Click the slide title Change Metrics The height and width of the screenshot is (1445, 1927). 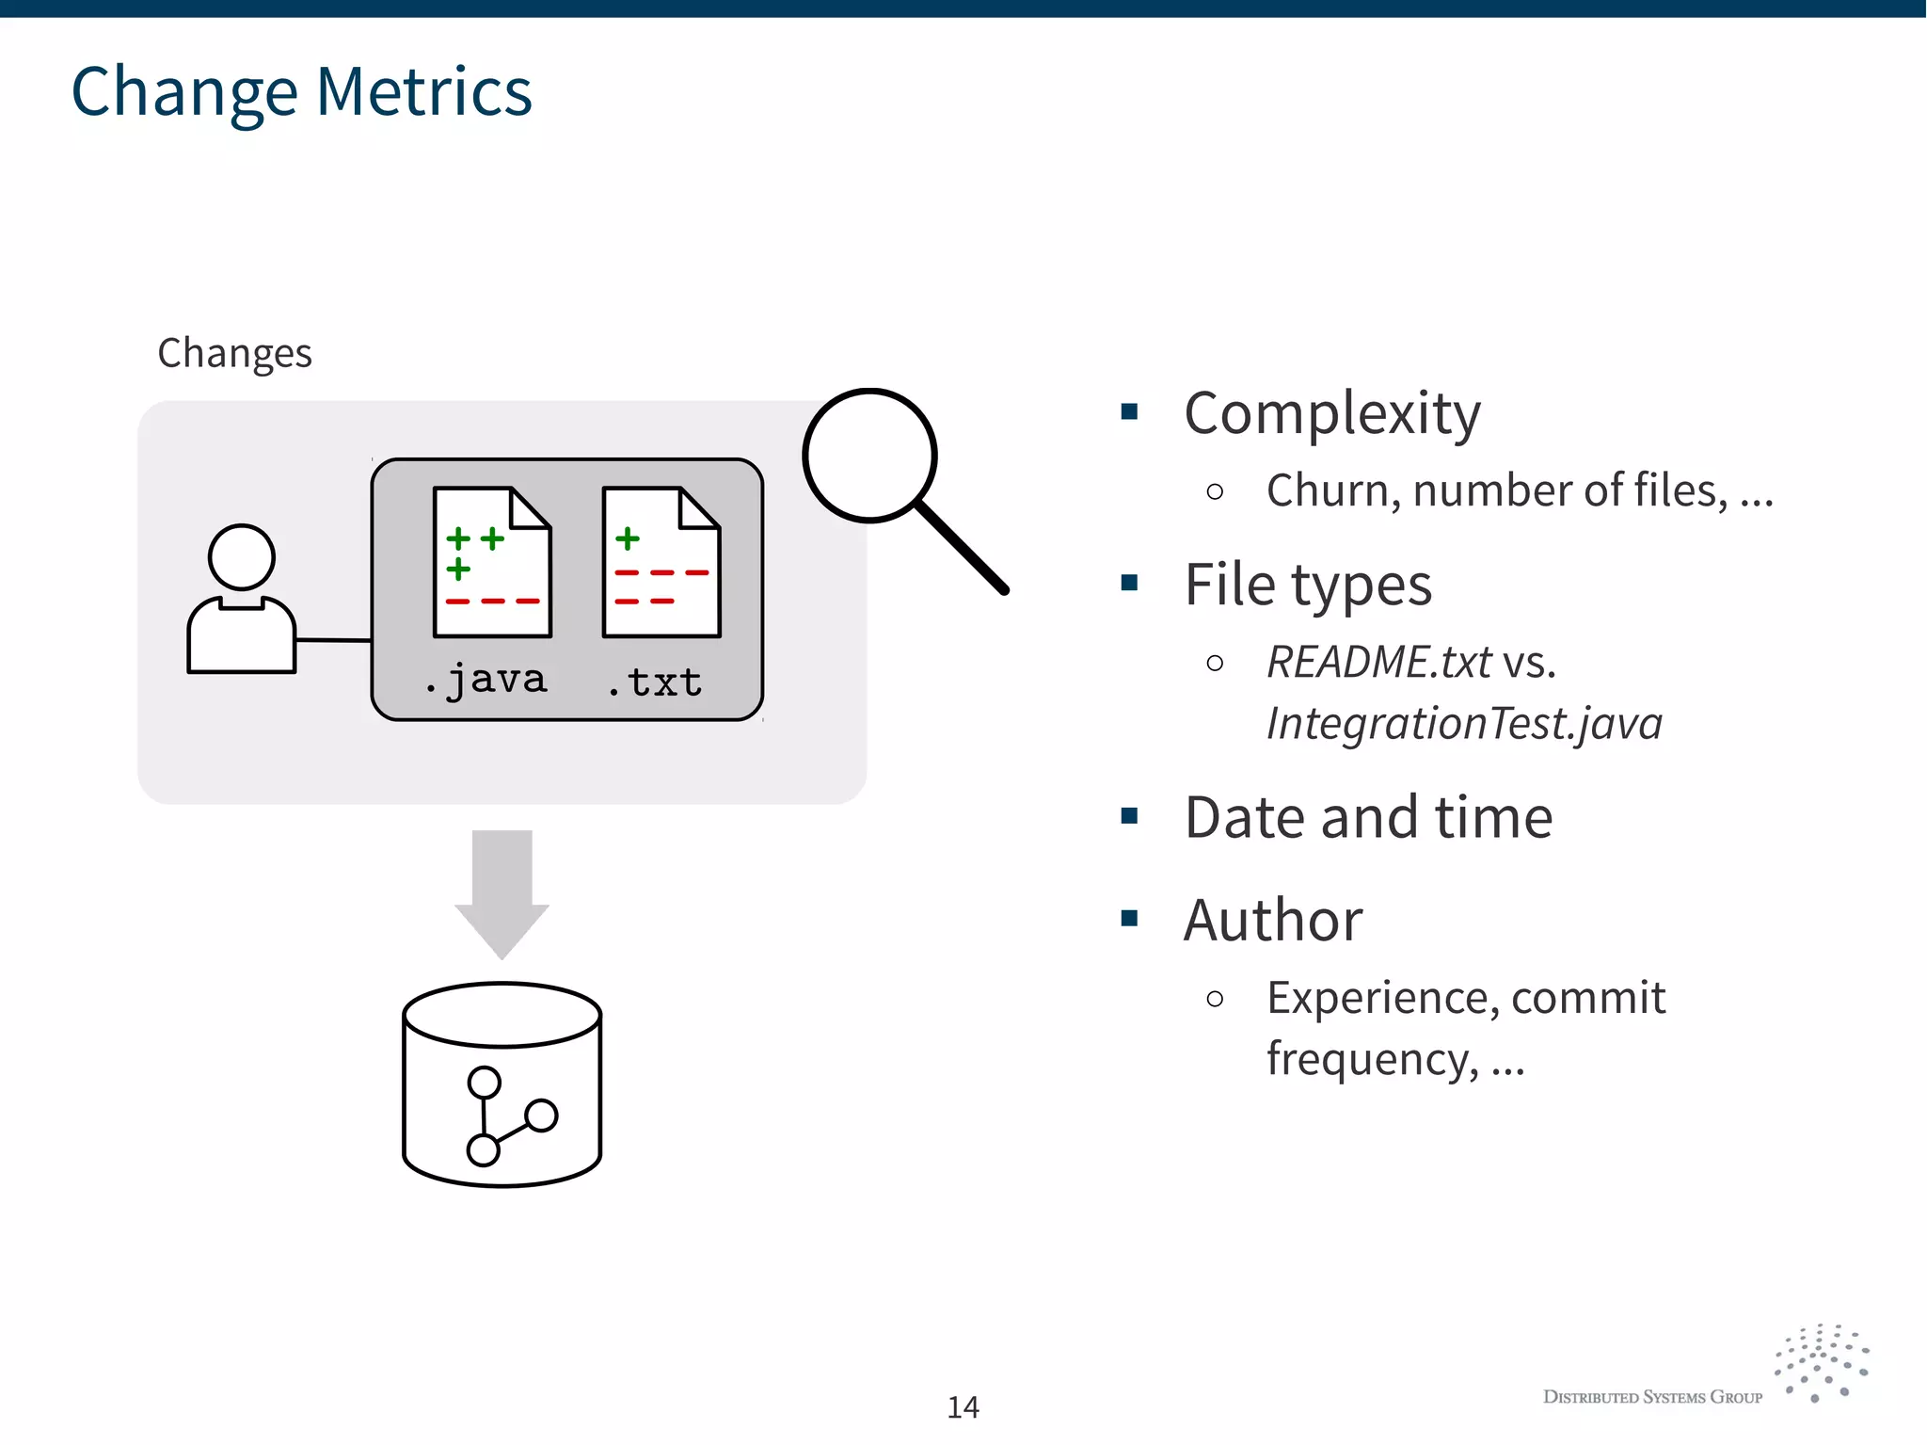point(301,92)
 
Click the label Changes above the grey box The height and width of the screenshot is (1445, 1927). point(234,353)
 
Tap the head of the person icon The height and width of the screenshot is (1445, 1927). point(242,557)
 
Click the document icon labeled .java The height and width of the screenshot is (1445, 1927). point(492,562)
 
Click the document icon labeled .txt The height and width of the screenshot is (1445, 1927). point(661,562)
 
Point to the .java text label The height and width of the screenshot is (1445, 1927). point(486,680)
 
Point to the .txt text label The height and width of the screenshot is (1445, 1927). point(655,682)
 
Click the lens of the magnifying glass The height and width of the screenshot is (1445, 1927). point(869,456)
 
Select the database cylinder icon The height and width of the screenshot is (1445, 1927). point(502,1084)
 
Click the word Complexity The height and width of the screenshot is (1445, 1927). point(1332,413)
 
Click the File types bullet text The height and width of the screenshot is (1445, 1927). point(1308,585)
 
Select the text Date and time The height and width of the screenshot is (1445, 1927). point(1368,817)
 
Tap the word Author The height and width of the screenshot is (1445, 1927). point(1273,920)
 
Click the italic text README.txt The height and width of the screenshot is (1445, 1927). point(1378,662)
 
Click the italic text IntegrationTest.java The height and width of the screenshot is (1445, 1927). point(1464,724)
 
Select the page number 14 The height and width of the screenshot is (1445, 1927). point(963,1406)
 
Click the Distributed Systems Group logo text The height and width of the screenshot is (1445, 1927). point(1652,1397)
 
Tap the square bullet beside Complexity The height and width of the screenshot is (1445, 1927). point(1130,411)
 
